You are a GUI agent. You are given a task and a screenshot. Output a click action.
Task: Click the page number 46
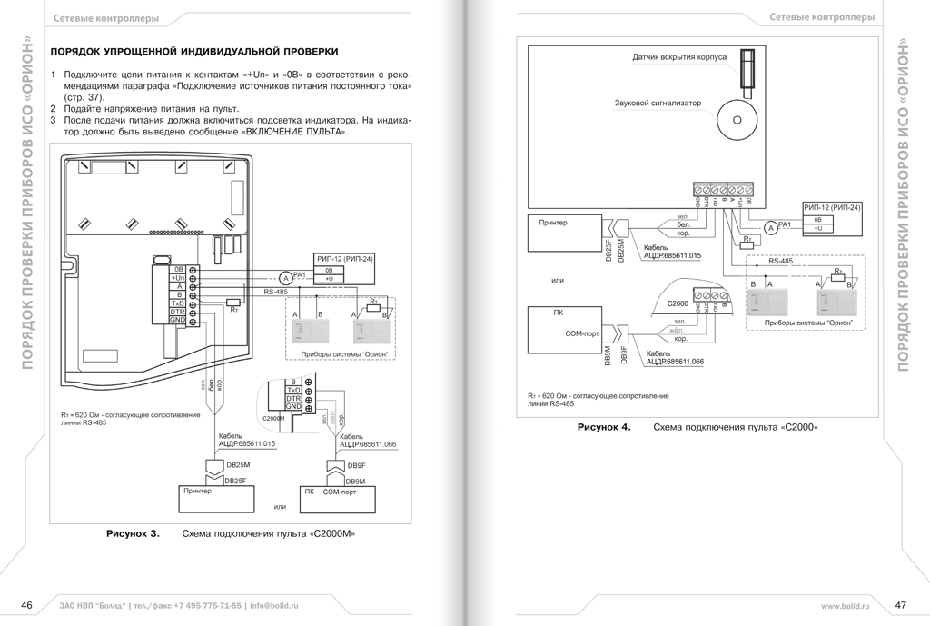(x=27, y=606)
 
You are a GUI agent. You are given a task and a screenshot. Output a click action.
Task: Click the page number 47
(x=900, y=606)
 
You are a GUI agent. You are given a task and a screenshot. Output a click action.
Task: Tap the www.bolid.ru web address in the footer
(x=845, y=606)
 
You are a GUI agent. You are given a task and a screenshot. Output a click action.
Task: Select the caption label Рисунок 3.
(x=133, y=534)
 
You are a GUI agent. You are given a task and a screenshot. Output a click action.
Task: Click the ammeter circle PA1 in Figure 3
(x=284, y=277)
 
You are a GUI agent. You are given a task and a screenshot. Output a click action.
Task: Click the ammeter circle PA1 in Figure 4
(x=772, y=228)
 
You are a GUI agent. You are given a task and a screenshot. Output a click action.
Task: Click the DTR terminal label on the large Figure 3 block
(x=177, y=312)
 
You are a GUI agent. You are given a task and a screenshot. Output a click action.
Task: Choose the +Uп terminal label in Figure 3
(x=177, y=278)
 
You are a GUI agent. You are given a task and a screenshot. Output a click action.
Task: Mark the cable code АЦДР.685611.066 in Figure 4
(x=674, y=362)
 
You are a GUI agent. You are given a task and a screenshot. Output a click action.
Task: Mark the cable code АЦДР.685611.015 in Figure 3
(x=247, y=444)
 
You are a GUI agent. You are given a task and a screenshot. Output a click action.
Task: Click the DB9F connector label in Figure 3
(x=356, y=464)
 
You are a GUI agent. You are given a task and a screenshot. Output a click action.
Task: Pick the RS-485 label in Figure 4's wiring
(x=781, y=261)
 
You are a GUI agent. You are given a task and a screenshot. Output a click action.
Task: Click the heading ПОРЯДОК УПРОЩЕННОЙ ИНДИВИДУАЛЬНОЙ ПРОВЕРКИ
(x=194, y=52)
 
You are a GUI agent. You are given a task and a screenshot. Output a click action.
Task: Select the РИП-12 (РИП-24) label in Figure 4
(x=832, y=208)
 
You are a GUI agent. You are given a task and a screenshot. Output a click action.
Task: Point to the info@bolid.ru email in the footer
(x=273, y=606)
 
